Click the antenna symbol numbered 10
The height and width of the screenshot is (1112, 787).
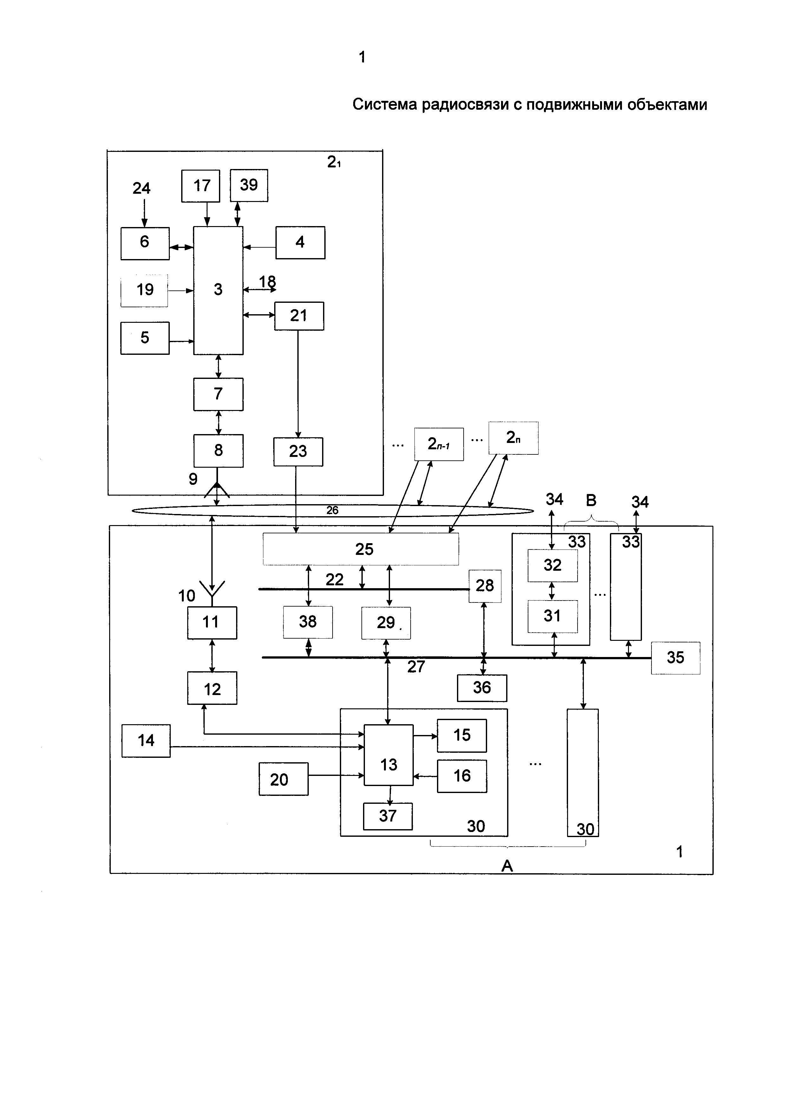coord(212,593)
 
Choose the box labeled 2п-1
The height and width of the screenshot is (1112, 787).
coord(439,444)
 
